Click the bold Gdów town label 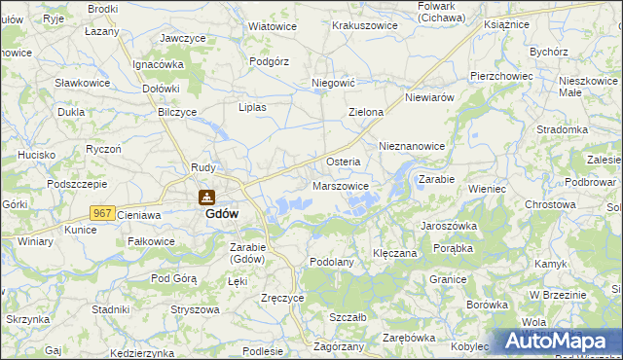coord(222,215)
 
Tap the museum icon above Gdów coord(206,197)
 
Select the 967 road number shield coord(102,212)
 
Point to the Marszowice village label coord(339,186)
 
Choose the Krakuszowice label coord(365,25)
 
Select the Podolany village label coord(330,262)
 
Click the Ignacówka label coord(159,64)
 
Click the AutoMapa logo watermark coord(555,341)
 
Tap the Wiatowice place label coord(273,26)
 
